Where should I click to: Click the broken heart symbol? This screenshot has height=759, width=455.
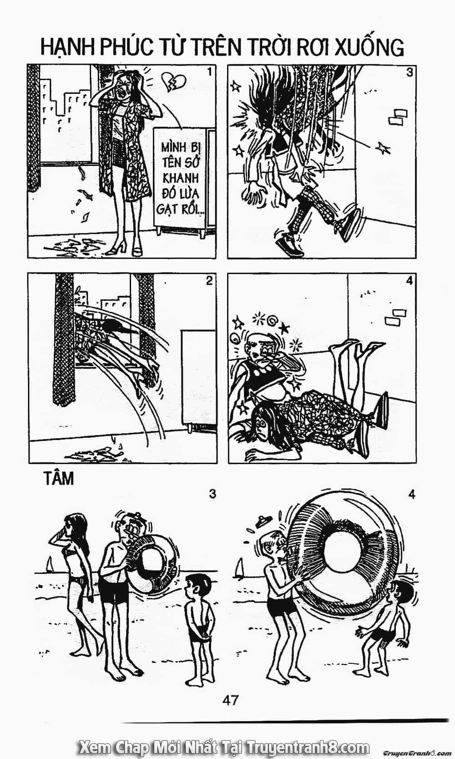click(x=174, y=81)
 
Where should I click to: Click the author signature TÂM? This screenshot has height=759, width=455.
click(x=59, y=479)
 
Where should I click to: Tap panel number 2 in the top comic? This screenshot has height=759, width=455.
click(x=209, y=281)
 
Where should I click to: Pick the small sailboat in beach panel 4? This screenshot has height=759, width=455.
click(x=240, y=566)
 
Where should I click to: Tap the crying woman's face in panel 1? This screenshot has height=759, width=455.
click(x=123, y=89)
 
